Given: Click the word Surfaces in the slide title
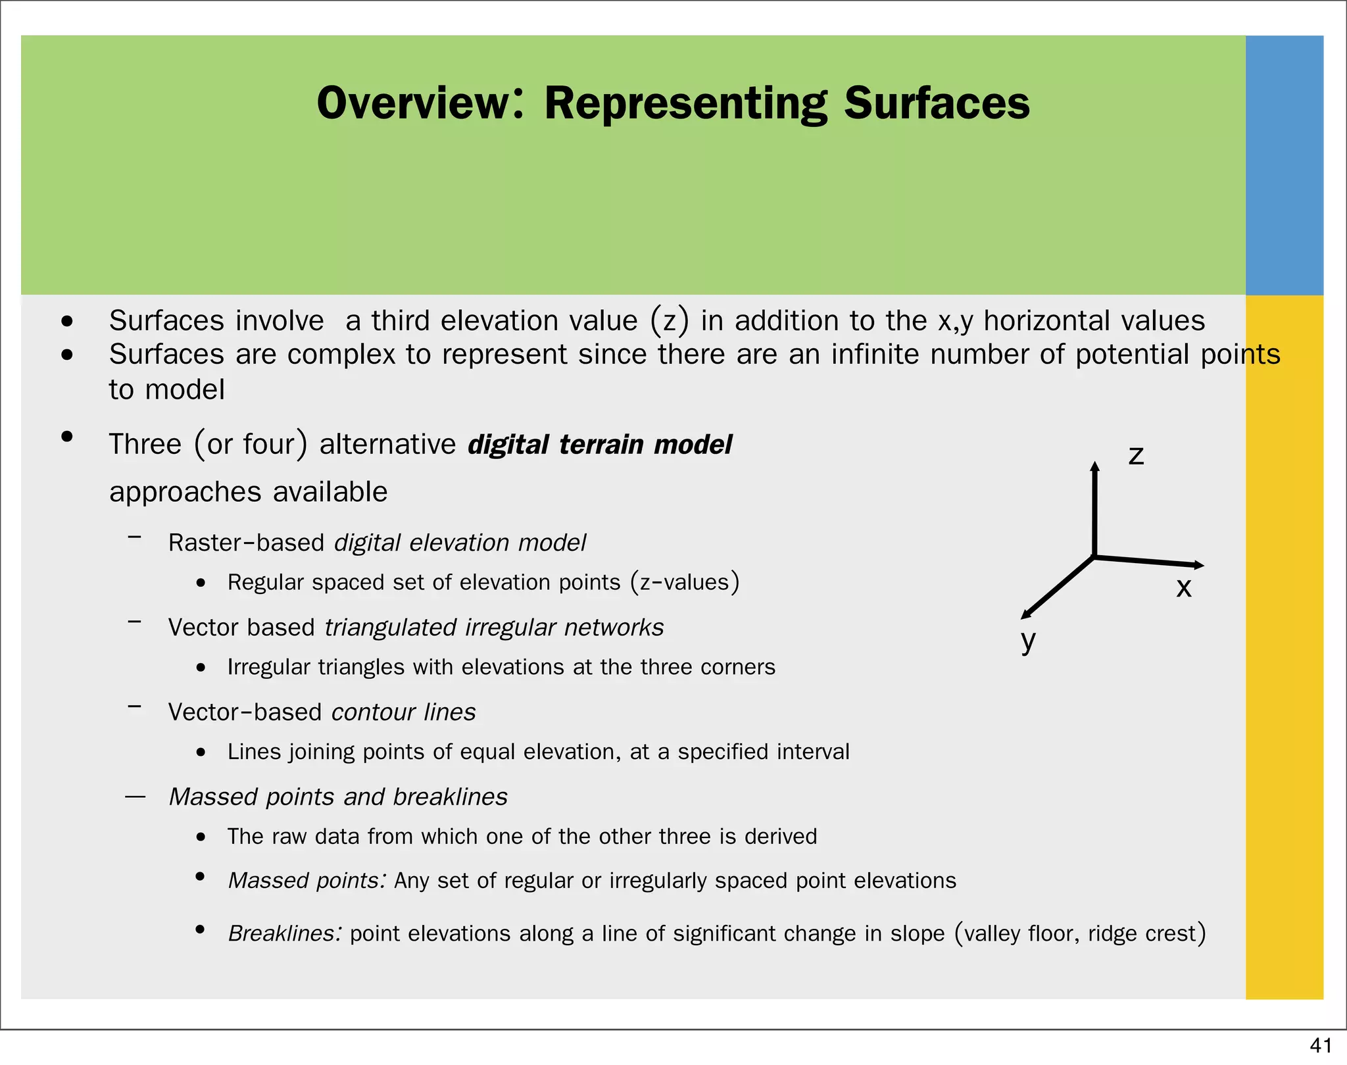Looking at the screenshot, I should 937,104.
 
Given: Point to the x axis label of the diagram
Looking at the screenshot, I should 1184,587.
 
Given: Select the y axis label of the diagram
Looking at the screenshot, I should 1028,640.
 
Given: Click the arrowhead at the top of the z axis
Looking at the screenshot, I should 1094,466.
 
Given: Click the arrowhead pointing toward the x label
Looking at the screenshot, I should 1198,564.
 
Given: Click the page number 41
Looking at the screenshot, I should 1321,1045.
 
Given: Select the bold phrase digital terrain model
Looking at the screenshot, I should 600,445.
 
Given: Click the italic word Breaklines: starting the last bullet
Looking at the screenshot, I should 285,933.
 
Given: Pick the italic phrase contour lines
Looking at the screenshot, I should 403,712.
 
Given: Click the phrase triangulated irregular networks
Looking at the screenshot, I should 494,628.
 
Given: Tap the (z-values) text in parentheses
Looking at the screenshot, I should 685,583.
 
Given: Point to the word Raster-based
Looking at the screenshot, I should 246,543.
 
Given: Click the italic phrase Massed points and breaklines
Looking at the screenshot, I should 338,797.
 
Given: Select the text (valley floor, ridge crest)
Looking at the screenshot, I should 1080,933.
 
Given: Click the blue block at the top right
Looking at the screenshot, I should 1284,164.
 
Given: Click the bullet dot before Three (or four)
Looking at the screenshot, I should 66,437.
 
